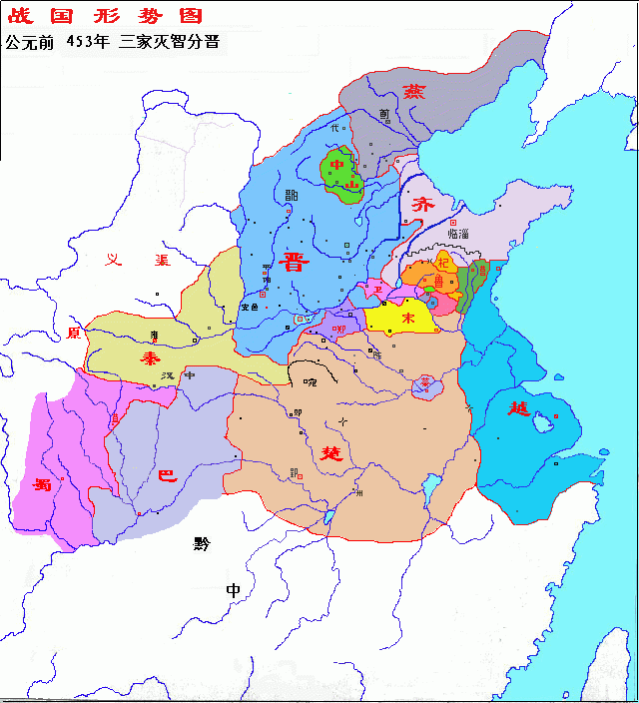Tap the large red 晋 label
[x=296, y=263]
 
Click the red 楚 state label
[x=329, y=451]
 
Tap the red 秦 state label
[x=150, y=357]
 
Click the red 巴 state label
[x=169, y=476]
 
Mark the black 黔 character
[x=204, y=544]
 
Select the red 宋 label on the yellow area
[x=407, y=318]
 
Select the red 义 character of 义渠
[x=116, y=260]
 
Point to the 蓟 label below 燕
[x=384, y=114]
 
